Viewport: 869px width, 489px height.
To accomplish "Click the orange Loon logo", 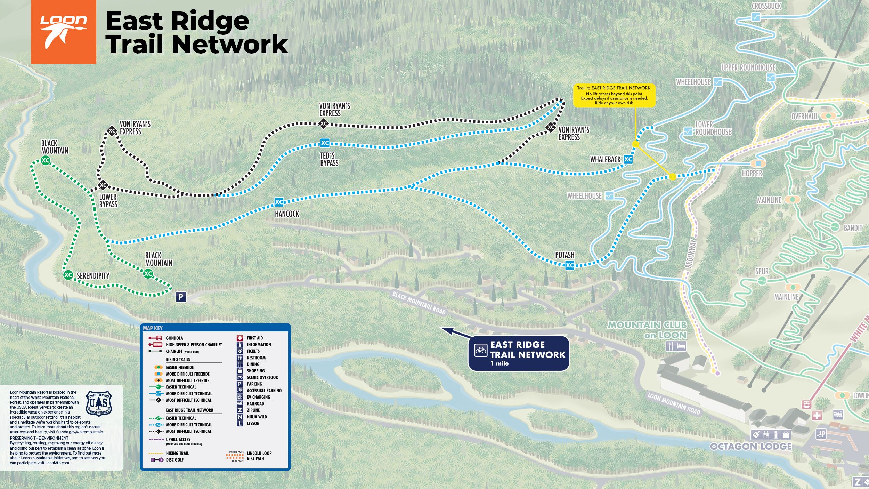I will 63,32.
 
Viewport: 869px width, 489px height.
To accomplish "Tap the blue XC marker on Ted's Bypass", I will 325,143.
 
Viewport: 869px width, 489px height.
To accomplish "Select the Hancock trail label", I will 287,214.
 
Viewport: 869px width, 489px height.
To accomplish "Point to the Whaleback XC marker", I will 628,160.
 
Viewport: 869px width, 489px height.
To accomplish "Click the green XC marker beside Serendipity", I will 68,275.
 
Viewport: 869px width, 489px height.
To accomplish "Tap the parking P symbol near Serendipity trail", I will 181,297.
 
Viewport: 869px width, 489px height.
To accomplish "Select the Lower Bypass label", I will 108,201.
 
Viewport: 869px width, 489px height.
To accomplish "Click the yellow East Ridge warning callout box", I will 614,95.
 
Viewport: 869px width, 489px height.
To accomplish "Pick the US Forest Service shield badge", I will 99,403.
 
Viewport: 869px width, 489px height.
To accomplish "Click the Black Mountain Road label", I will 419,303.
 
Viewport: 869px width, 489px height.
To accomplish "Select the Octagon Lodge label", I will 751,447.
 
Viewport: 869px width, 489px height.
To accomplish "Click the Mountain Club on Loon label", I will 647,330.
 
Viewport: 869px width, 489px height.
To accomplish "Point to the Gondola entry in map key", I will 174,338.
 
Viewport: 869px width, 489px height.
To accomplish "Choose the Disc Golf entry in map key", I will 174,460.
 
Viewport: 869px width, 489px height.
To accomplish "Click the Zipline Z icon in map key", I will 240,410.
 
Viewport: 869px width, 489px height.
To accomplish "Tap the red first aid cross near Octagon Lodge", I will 817,415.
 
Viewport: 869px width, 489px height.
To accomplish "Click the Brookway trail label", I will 691,254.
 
